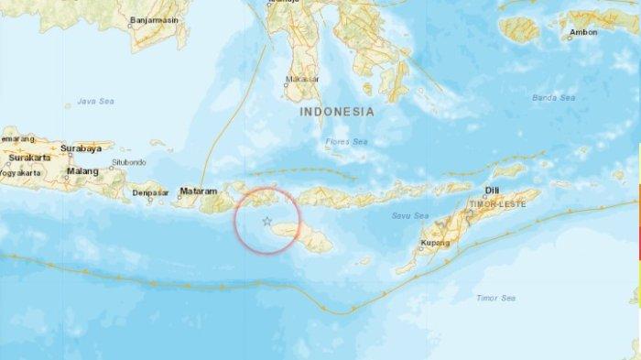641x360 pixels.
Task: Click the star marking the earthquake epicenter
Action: tap(266, 221)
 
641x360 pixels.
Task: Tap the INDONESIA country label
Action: tap(336, 111)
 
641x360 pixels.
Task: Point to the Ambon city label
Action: tap(583, 32)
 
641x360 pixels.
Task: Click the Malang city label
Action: tap(82, 170)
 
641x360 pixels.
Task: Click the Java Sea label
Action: tap(93, 101)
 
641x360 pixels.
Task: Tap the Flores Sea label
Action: tap(346, 142)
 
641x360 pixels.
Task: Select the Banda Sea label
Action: tap(555, 97)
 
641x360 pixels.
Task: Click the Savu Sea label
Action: tap(409, 215)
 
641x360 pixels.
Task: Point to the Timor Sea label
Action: tap(495, 298)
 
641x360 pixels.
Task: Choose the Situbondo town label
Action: tap(129, 162)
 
